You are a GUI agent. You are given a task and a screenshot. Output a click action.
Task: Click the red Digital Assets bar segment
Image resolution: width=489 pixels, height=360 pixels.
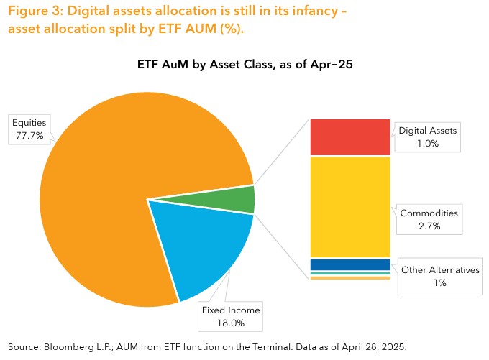click(x=349, y=137)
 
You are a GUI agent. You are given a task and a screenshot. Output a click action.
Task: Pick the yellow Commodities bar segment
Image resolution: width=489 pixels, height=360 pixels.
click(x=349, y=206)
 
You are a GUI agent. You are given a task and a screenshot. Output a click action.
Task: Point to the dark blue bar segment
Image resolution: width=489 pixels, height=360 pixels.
click(x=349, y=265)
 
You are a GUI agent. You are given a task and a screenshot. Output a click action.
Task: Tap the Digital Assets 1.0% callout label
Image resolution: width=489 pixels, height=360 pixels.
click(x=428, y=137)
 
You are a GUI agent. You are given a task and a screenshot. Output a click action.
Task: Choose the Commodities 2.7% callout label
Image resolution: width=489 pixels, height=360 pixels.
click(x=429, y=219)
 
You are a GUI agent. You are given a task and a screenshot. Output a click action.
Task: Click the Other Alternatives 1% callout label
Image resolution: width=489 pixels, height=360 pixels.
click(x=440, y=276)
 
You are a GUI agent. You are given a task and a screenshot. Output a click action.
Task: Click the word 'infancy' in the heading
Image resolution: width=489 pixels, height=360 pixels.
click(x=328, y=13)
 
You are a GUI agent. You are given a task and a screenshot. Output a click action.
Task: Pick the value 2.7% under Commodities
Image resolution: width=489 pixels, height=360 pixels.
click(x=429, y=226)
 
